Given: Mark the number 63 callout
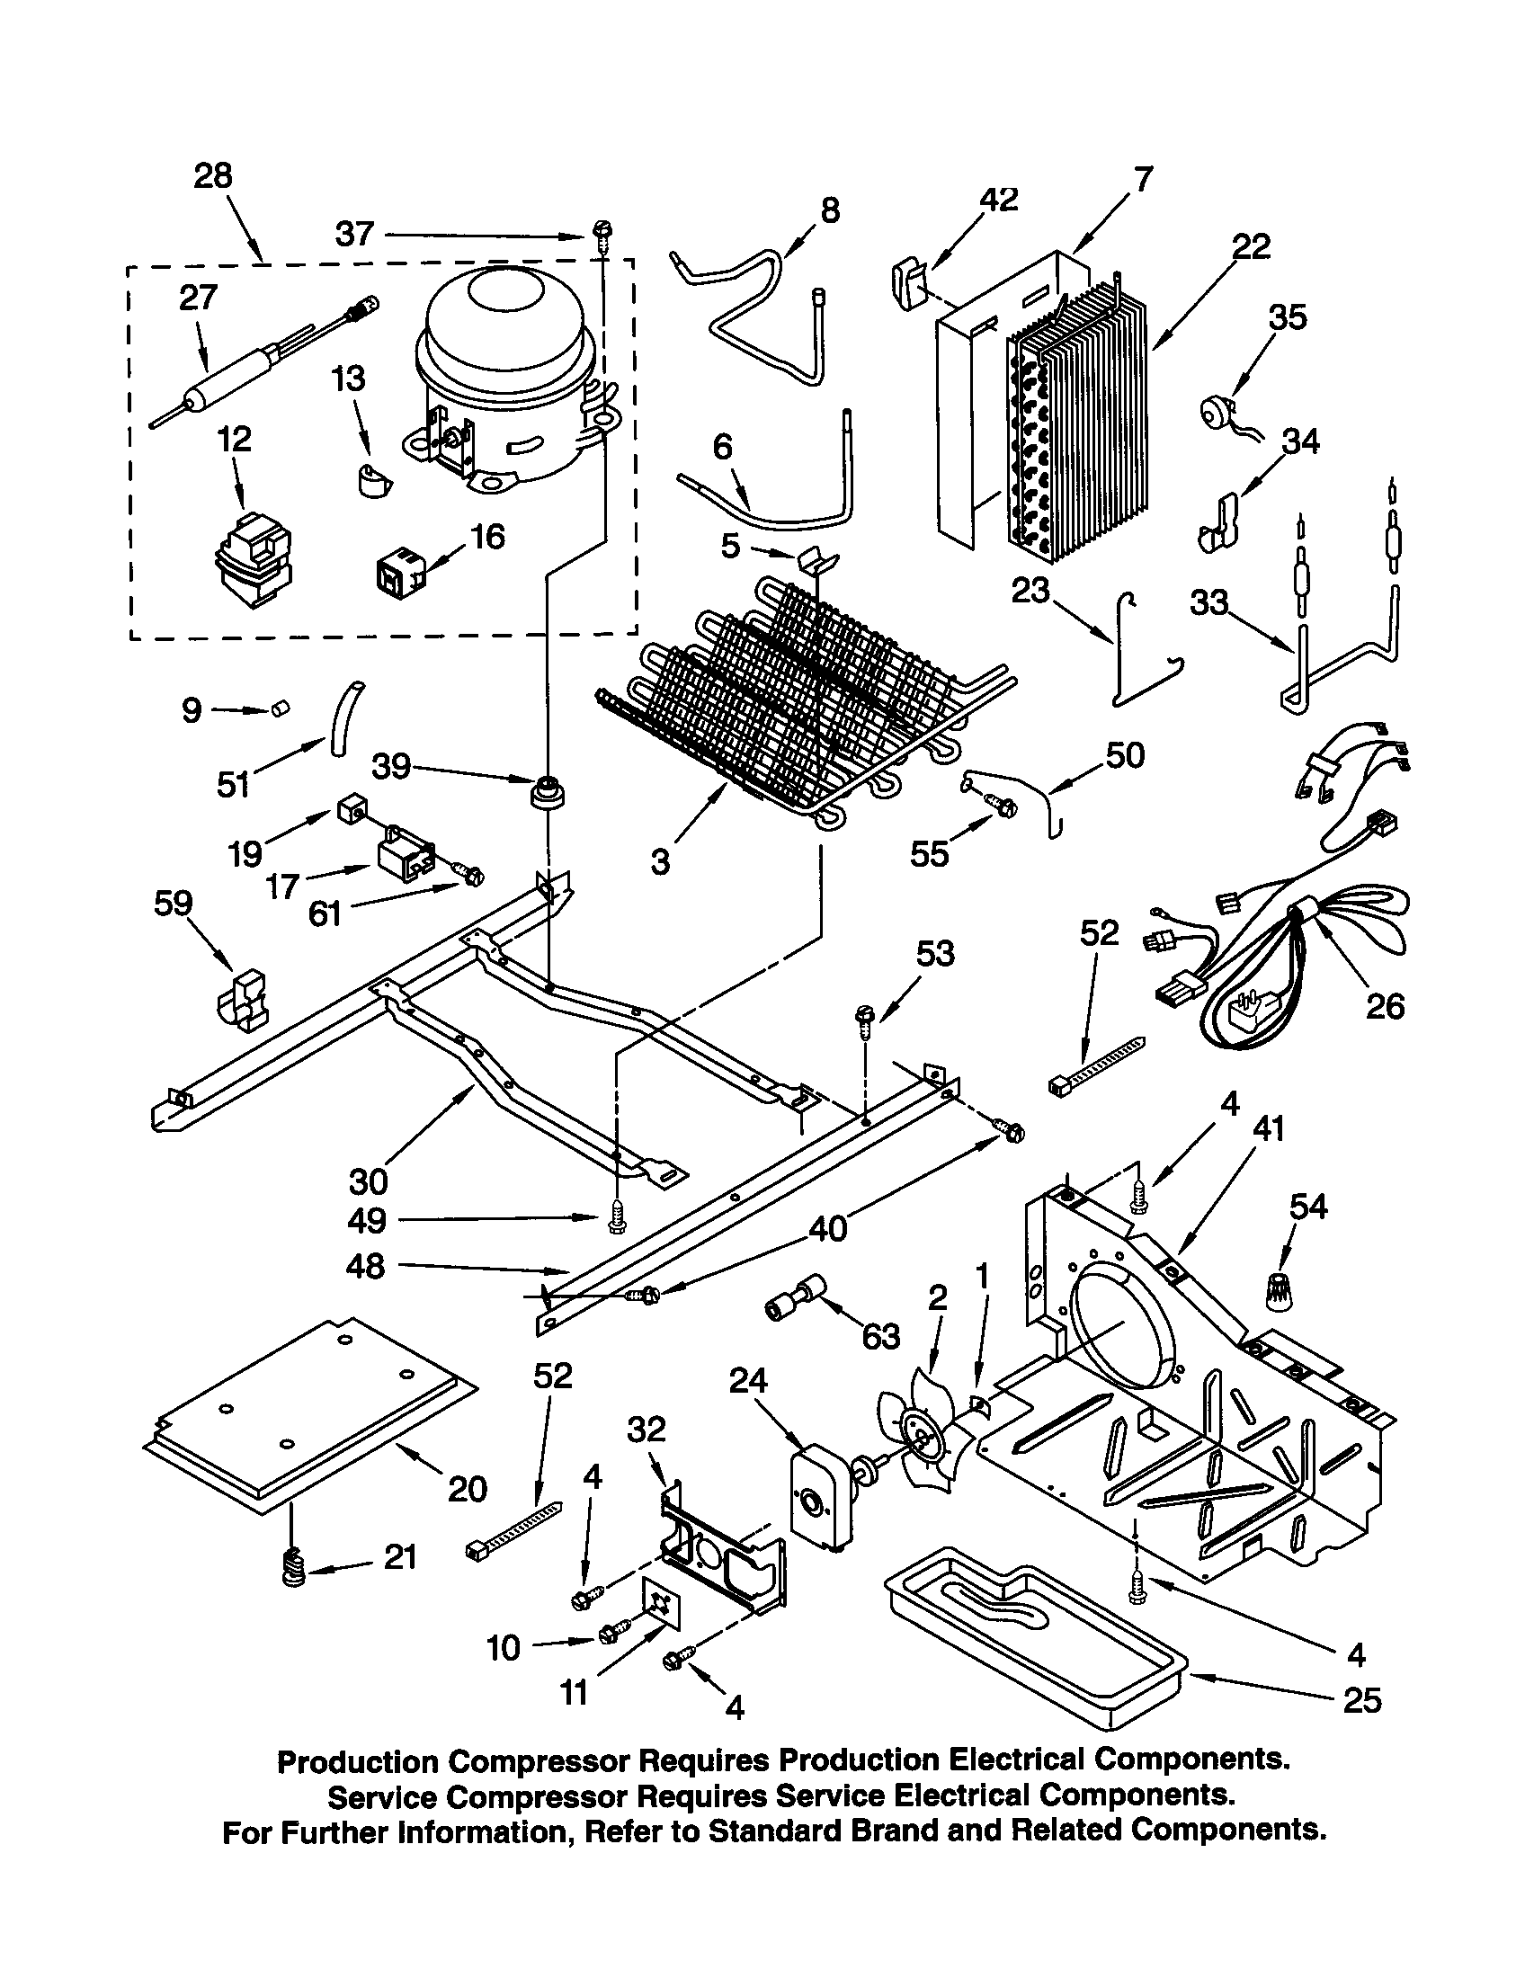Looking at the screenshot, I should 880,1337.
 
